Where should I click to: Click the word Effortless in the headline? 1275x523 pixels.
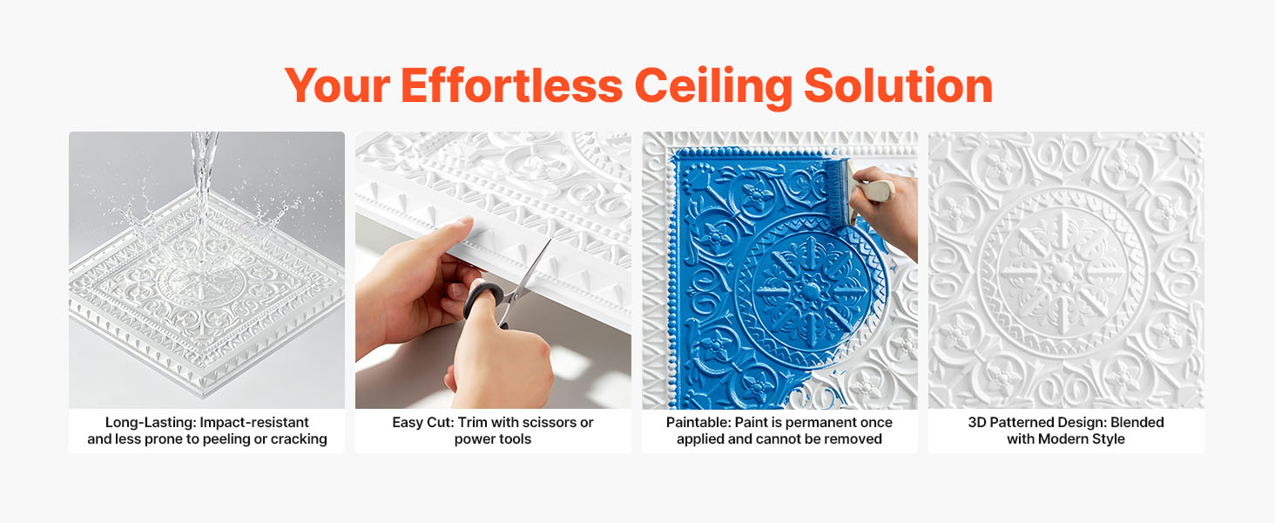pyautogui.click(x=512, y=85)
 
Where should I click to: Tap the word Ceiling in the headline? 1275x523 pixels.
pyautogui.click(x=713, y=87)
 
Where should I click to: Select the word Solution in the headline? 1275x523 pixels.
pyautogui.click(x=898, y=85)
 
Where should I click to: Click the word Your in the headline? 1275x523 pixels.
pyautogui.click(x=337, y=85)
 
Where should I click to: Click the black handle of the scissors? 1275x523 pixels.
pyautogui.click(x=482, y=300)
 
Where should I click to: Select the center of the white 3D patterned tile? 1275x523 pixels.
pyautogui.click(x=1062, y=271)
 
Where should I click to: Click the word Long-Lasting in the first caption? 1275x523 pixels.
pyautogui.click(x=151, y=423)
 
